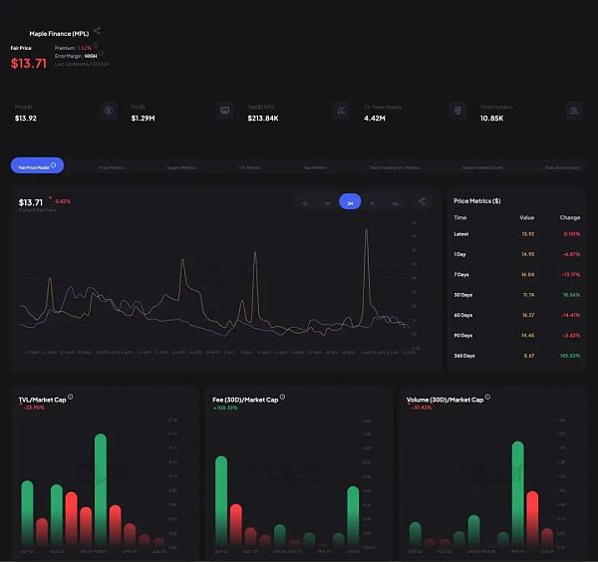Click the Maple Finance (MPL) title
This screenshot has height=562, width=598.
(x=59, y=33)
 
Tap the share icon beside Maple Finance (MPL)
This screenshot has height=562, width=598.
(x=97, y=31)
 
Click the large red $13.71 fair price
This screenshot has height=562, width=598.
(x=29, y=63)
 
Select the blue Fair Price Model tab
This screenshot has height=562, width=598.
(x=37, y=166)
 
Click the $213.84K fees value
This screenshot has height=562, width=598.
(x=263, y=118)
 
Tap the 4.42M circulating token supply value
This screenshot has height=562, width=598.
(x=375, y=118)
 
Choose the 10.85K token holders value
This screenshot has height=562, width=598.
(x=492, y=118)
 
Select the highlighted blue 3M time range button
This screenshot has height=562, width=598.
(x=350, y=201)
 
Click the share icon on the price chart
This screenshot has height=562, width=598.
(x=422, y=201)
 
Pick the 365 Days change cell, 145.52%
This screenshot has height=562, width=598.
(x=569, y=355)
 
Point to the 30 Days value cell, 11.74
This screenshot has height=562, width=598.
(x=527, y=295)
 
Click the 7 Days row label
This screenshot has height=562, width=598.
(x=462, y=274)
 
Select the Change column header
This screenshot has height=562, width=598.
(x=570, y=216)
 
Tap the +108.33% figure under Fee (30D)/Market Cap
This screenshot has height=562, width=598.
(x=225, y=408)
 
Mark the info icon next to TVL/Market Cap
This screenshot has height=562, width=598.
(x=70, y=397)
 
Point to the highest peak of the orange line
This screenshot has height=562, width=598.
(x=367, y=231)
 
